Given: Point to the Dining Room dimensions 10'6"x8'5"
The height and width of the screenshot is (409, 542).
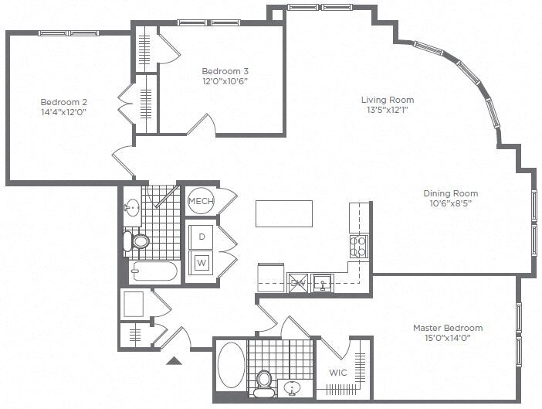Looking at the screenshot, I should point(450,204).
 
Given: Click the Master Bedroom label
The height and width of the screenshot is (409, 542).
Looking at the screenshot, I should point(447,327).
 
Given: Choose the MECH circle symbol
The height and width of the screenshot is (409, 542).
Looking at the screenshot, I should point(201,202).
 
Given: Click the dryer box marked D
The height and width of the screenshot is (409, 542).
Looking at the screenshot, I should point(202,236).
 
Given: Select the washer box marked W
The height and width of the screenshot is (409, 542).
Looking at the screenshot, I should point(202,263).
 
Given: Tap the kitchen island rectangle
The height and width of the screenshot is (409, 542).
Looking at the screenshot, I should point(284,213).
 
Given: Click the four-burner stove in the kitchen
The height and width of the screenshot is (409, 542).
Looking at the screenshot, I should point(359,245).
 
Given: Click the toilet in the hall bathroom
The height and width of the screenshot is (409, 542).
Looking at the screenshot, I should point(140,241).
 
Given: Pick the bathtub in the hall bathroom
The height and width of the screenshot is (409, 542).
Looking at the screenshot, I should point(154,271).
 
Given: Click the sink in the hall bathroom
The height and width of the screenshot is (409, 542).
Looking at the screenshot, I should point(132,207).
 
